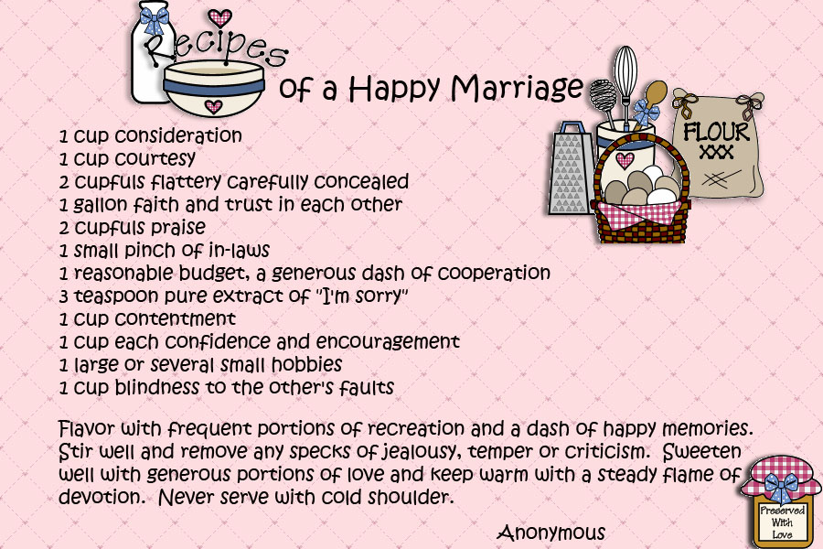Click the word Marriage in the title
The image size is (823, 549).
point(517,88)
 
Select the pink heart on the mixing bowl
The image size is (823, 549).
point(213,107)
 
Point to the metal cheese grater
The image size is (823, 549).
point(570,168)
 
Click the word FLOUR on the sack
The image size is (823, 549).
point(716,133)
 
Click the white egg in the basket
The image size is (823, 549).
point(661,197)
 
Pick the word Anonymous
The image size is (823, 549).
point(551,533)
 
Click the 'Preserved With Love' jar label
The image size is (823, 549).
point(782,522)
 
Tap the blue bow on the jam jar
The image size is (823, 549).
point(781,486)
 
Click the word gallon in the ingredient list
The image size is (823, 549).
point(100,204)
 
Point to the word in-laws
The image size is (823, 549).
point(240,250)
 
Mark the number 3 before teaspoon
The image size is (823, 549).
point(63,296)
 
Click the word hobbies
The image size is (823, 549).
point(307,364)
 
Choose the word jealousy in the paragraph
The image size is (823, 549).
point(419,452)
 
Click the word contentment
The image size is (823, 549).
point(176,319)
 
